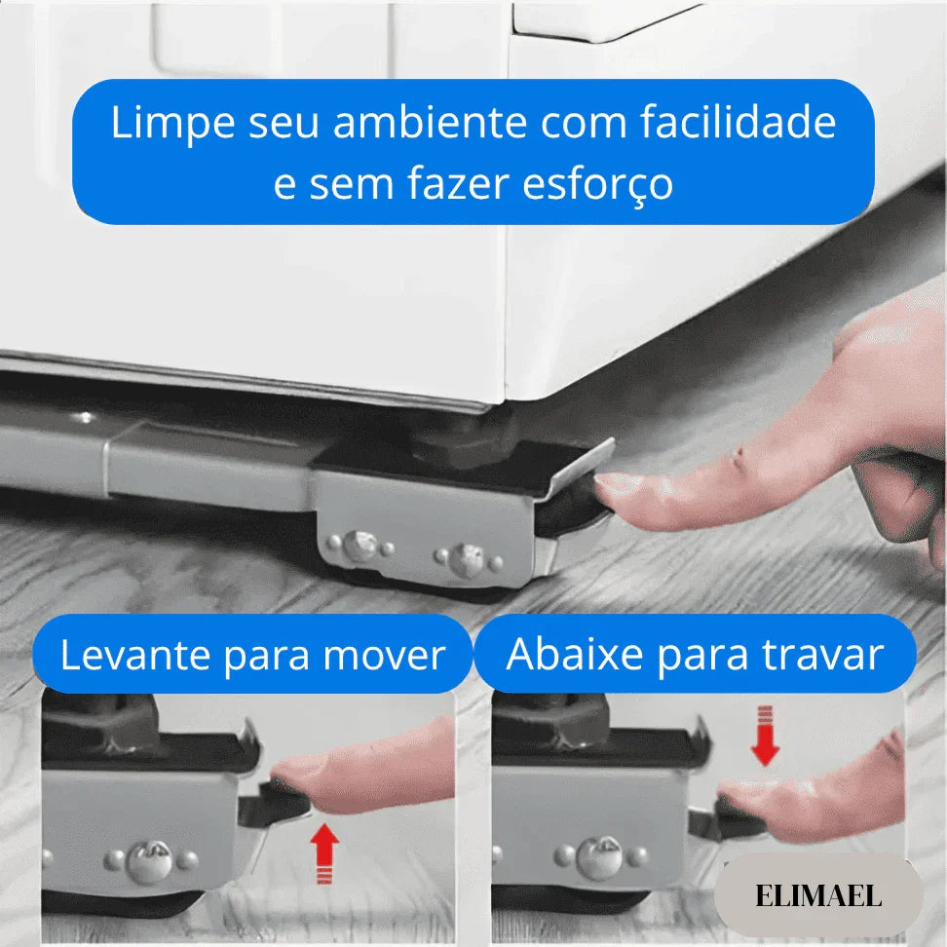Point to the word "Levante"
pos(134,656)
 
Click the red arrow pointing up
pos(325,852)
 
